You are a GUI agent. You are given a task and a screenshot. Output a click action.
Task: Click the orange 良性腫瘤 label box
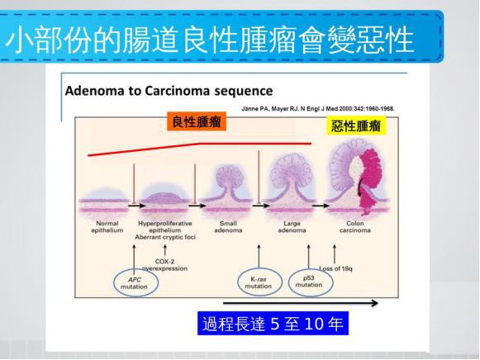197,121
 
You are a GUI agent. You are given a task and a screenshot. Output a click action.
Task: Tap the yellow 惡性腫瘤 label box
356,126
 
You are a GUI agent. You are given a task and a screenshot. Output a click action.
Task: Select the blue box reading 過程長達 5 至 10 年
273,324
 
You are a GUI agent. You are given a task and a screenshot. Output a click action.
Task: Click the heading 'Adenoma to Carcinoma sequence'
169,91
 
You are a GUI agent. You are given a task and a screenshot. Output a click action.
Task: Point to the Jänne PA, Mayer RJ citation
318,109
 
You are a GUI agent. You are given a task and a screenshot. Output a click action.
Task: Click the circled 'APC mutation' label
135,283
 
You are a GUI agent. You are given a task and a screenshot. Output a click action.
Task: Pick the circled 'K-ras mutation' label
259,282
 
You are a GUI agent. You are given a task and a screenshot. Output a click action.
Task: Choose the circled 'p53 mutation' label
310,282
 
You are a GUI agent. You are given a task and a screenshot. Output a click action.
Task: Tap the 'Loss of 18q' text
335,268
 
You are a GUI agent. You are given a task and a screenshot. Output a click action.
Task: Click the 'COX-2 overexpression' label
164,265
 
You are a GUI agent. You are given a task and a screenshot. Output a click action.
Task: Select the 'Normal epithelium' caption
107,227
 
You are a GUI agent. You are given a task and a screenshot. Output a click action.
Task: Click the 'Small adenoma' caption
228,227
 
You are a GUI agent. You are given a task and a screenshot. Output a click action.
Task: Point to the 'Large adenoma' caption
292,227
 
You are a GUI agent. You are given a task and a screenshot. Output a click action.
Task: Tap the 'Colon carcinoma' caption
355,227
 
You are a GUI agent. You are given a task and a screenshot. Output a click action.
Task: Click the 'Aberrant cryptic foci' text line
165,237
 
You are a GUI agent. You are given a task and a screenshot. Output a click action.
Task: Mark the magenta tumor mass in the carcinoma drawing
370,181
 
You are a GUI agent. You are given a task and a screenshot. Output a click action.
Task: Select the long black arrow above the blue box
301,303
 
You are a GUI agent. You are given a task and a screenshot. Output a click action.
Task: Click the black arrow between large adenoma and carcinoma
321,206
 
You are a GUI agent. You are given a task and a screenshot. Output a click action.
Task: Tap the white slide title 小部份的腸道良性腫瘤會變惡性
210,40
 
